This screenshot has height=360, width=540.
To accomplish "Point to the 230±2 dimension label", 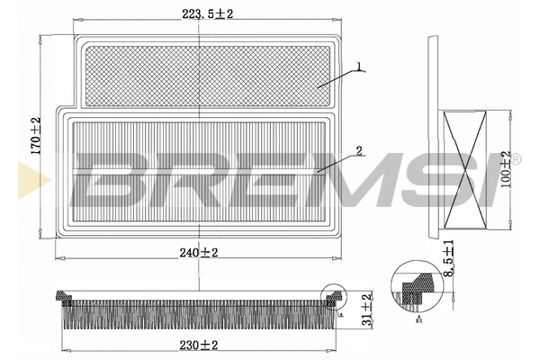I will tap(197, 345).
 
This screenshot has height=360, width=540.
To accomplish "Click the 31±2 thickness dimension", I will tap(366, 309).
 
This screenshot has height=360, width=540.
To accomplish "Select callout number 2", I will tap(358, 149).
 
